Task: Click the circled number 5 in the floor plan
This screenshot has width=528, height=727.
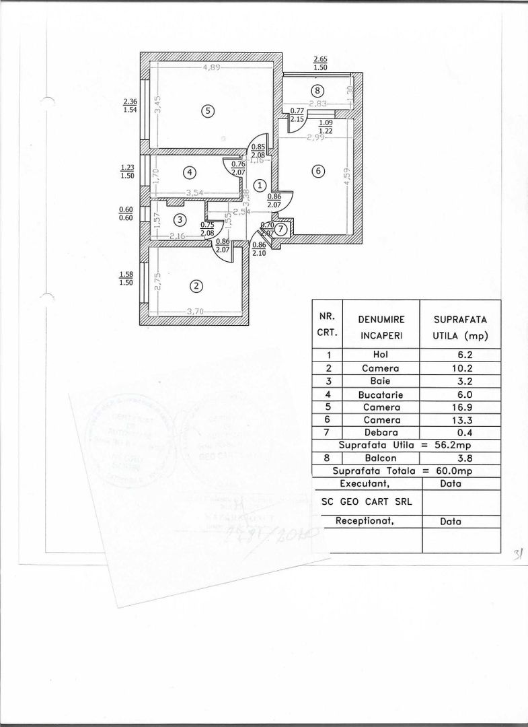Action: click(208, 112)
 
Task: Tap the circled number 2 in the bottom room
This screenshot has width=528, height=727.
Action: click(196, 286)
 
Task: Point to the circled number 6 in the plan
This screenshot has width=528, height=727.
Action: click(318, 172)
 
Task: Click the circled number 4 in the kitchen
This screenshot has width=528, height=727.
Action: click(190, 173)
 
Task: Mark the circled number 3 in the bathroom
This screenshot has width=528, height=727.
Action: click(179, 219)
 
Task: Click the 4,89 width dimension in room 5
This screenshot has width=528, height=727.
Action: click(213, 67)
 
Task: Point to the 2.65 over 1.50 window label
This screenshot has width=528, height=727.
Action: click(320, 64)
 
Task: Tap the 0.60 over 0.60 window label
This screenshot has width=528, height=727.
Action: click(126, 213)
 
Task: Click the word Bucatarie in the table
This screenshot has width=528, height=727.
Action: click(380, 394)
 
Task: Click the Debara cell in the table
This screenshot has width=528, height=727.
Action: click(380, 433)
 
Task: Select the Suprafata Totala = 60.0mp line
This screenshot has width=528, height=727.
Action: click(406, 472)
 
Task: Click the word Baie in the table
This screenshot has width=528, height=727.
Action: click(380, 382)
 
